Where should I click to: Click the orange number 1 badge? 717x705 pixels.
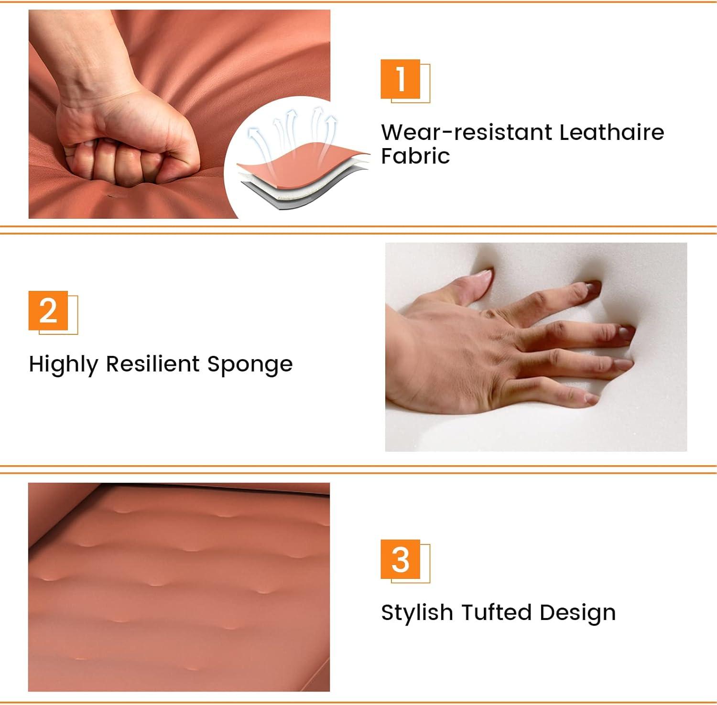click(x=401, y=79)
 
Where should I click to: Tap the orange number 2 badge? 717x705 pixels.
click(x=48, y=310)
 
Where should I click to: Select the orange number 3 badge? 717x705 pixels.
click(x=401, y=559)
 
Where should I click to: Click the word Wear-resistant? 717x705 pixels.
click(x=466, y=132)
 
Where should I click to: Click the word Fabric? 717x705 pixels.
click(x=415, y=156)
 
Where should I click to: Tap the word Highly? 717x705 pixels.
click(x=63, y=365)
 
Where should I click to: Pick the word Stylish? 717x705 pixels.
click(x=417, y=613)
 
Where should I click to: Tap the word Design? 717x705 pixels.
click(x=577, y=613)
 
